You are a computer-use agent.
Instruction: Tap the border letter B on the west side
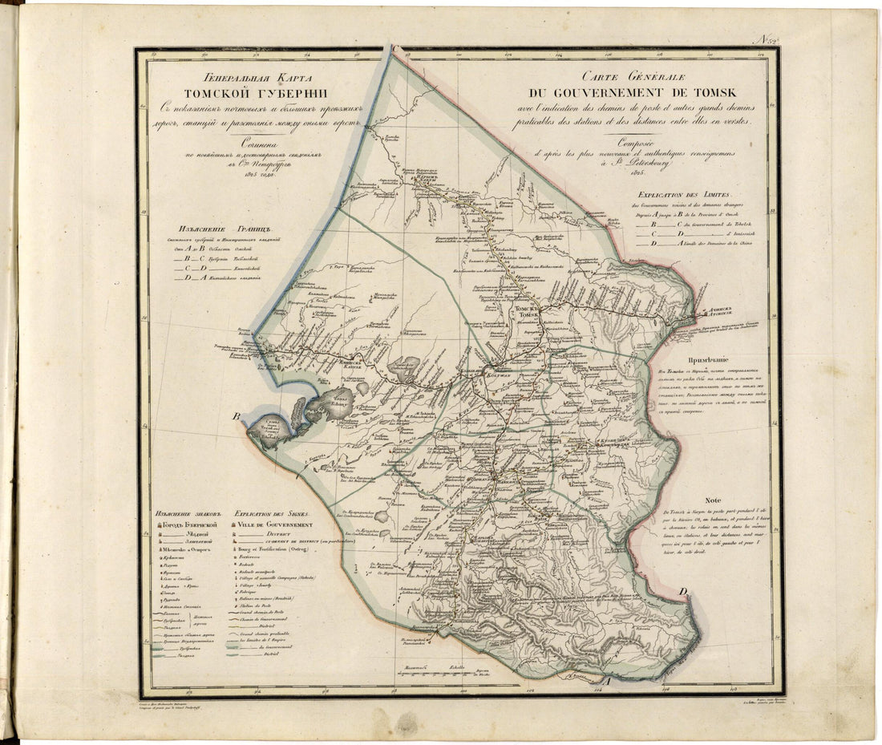[237, 416]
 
